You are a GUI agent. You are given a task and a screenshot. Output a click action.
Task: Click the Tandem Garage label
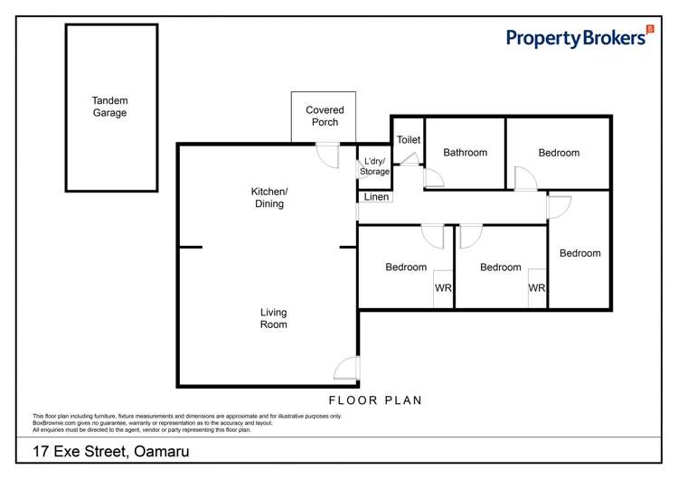tap(109, 107)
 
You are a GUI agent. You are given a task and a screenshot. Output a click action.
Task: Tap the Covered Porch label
tap(325, 116)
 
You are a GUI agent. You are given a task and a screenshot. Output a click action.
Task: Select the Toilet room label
tap(409, 140)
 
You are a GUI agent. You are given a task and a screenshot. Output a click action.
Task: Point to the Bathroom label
tap(466, 152)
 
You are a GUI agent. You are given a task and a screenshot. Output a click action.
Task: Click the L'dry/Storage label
tap(374, 166)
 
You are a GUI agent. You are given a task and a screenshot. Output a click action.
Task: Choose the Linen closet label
tap(376, 197)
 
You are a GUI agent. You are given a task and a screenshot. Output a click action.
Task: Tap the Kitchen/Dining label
tap(269, 198)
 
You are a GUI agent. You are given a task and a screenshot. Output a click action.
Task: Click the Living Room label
tap(273, 318)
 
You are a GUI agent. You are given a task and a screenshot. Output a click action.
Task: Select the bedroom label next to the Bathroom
tap(559, 153)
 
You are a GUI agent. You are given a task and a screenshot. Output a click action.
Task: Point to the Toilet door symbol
tap(410, 159)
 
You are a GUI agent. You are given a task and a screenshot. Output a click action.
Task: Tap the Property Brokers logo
tap(579, 38)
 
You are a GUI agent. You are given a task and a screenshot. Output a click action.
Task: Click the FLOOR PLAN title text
tap(375, 400)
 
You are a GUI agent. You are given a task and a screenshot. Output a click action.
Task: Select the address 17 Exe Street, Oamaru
tap(111, 451)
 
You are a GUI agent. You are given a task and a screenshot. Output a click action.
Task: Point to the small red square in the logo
tap(650, 29)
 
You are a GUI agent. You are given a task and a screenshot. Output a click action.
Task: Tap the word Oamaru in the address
tap(162, 451)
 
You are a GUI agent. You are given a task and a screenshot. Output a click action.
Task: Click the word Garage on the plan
tap(109, 113)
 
